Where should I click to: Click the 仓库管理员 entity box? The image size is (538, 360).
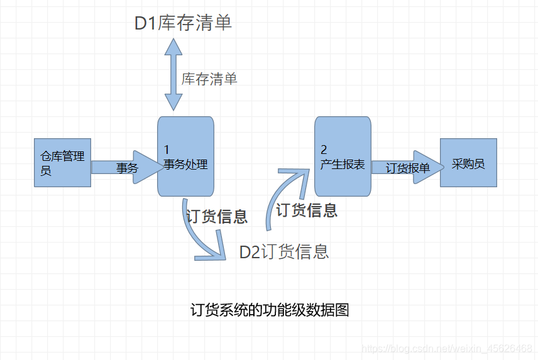[x=62, y=162]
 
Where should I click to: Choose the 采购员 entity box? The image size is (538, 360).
[x=468, y=162]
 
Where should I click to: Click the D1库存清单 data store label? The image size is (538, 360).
[x=183, y=24]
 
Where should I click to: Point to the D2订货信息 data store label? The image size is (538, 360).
[x=284, y=252]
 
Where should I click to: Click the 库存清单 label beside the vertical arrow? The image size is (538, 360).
[x=209, y=79]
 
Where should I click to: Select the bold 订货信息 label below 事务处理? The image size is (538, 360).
[x=217, y=217]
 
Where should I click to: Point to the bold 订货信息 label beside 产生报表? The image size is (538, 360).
[x=307, y=210]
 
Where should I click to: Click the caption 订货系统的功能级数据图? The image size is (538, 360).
[x=269, y=310]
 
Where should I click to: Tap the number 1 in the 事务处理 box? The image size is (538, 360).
[x=167, y=150]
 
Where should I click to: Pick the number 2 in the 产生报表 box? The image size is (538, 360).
[x=324, y=150]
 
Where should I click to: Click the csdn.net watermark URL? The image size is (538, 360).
[x=448, y=348]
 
